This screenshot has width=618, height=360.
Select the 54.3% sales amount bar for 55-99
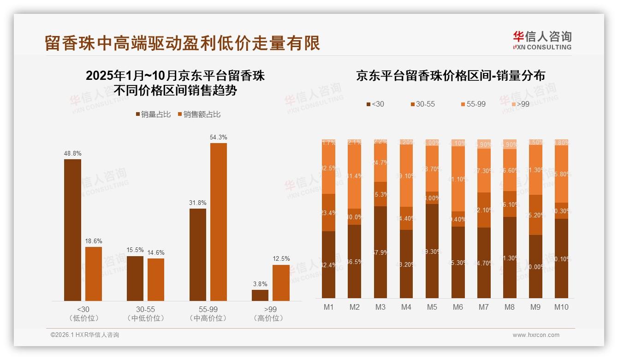point(219,222)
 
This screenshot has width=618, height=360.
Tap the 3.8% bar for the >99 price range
point(260,295)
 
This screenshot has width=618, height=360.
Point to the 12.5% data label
point(281,259)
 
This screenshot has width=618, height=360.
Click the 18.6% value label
point(94,241)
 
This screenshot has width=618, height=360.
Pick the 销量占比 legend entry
point(154,114)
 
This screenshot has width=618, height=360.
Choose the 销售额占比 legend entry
point(199,114)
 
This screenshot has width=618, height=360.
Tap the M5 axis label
point(432,307)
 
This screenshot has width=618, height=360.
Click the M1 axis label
point(329,307)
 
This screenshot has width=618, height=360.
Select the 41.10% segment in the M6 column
point(458,179)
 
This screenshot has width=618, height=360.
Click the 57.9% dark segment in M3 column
point(380,252)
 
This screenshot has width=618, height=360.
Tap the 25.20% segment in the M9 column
point(535,215)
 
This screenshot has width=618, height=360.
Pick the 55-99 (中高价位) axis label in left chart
point(208,313)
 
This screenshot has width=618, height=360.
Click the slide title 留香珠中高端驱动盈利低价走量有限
point(182,43)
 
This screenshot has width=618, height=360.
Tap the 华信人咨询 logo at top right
point(542,40)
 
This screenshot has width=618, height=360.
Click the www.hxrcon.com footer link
point(536,335)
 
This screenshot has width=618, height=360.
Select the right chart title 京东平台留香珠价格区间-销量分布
point(450,76)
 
